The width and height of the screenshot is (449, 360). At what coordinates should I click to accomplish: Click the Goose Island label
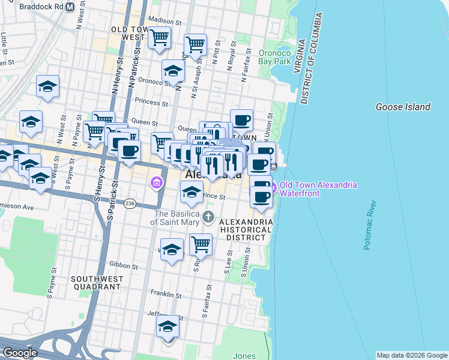[x=403, y=107]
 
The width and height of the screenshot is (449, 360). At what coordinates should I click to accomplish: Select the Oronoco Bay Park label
[x=274, y=57]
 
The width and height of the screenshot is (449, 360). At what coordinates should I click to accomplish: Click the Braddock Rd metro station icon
[x=69, y=7]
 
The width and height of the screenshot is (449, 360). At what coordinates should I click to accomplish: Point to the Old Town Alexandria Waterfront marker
[x=273, y=188]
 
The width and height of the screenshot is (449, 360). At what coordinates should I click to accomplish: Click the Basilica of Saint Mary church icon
[x=208, y=217]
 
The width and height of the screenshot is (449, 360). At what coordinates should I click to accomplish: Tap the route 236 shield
[x=130, y=204]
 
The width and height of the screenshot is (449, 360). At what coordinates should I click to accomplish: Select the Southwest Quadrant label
[x=97, y=283]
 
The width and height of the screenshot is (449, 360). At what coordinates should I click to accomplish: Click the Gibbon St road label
[x=124, y=265]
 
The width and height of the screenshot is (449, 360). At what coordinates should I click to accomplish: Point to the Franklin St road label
[x=166, y=295]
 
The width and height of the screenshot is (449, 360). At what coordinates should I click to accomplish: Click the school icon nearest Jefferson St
[x=168, y=327]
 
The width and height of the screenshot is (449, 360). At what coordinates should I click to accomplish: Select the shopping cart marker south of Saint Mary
[x=200, y=244]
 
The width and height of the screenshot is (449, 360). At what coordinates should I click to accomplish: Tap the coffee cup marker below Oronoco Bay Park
[x=241, y=120]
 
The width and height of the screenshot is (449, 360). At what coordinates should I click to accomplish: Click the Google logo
[x=19, y=353]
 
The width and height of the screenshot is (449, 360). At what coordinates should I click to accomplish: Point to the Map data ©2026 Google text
[x=412, y=355]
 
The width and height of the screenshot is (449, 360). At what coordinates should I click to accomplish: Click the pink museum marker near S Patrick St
[x=156, y=182]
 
